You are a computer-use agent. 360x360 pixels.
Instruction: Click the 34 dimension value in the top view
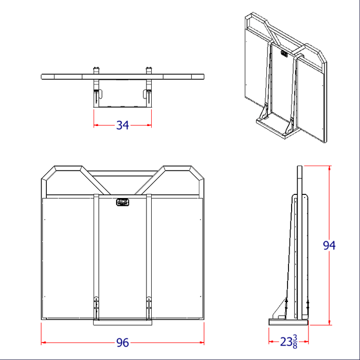coord(122,125)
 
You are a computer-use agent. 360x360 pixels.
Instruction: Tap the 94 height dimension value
coord(329,246)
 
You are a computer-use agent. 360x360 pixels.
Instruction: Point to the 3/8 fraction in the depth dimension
coord(295,341)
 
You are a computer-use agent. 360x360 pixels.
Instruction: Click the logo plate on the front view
coord(123,202)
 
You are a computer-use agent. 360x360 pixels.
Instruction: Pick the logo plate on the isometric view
coord(284,52)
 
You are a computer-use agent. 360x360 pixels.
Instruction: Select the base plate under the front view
coord(122,323)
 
